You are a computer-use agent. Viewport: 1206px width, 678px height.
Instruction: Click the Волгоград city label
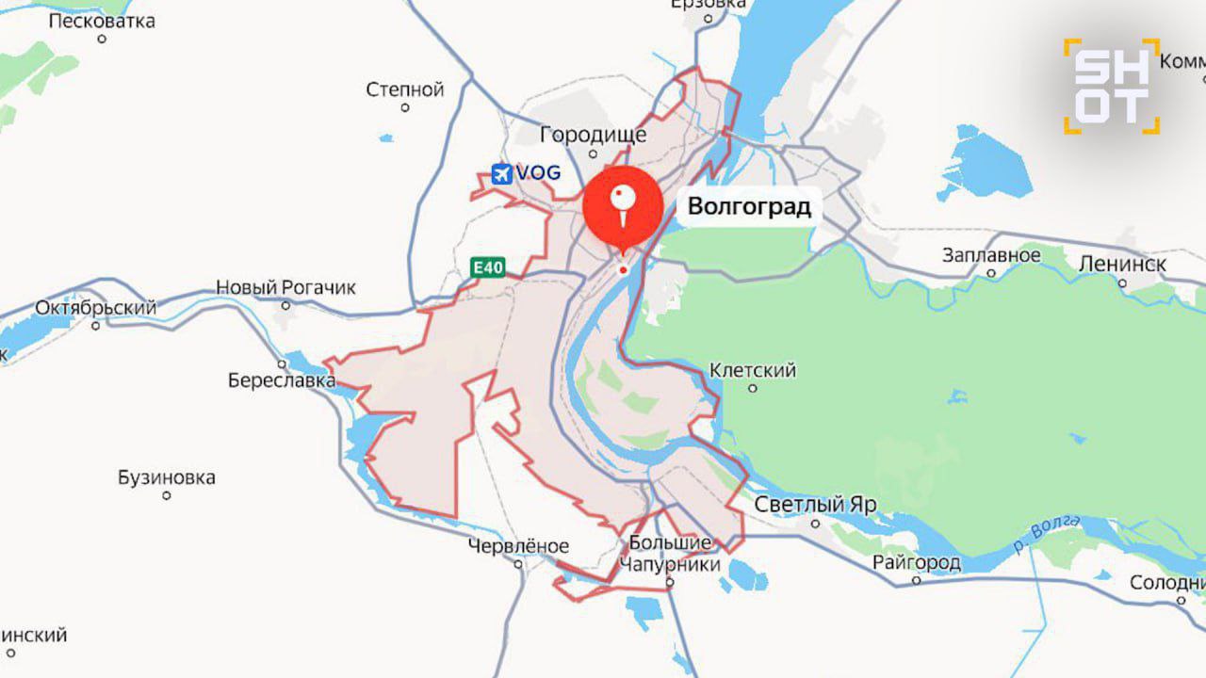coord(749,206)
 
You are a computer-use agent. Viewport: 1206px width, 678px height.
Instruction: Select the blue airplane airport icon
coord(502,173)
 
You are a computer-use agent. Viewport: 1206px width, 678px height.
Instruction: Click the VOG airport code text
coord(538,173)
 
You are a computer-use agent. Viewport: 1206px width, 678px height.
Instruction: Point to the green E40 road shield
coord(488,268)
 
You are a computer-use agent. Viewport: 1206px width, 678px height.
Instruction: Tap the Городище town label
coord(594,135)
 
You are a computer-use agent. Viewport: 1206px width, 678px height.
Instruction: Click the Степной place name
coord(404,90)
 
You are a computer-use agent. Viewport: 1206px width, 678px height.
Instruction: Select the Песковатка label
coord(101,21)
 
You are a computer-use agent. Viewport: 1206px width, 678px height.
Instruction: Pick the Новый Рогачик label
coord(285,287)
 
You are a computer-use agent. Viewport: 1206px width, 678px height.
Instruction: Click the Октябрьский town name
coord(95,308)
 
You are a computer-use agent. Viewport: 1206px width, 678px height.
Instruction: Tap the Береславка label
coord(282,380)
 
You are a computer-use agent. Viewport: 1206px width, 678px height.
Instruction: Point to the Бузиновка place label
coord(166,477)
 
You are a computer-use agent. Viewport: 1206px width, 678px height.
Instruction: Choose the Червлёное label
coord(518,546)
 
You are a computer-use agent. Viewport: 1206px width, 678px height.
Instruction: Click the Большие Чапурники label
coord(669,554)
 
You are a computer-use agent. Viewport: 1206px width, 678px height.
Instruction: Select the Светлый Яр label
coord(815,505)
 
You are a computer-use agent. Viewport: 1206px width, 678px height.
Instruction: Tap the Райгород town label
coord(916,563)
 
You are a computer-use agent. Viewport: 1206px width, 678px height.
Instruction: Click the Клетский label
coord(752,370)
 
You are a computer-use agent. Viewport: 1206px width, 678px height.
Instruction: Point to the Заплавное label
coord(991,255)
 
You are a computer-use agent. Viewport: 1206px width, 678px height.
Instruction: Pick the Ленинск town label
coord(1122,264)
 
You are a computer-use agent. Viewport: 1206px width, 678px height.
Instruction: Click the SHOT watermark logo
coord(1112,86)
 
